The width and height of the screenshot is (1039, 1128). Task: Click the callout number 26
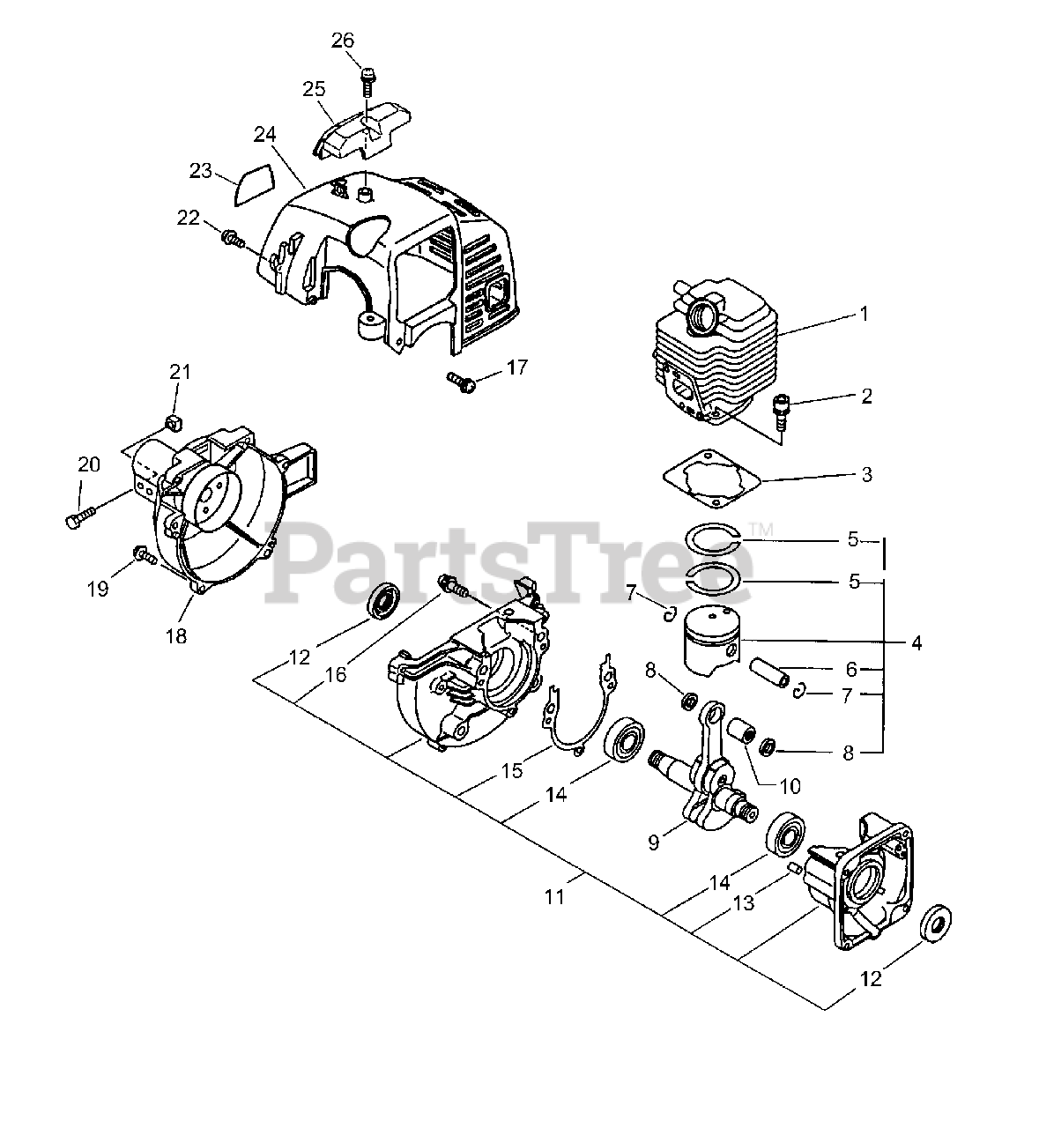pos(343,40)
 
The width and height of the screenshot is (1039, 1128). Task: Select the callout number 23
pos(202,170)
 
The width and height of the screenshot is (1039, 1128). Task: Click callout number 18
pos(177,634)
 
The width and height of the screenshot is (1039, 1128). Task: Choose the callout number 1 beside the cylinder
pos(864,314)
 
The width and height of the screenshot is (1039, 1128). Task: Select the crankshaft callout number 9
pos(654,842)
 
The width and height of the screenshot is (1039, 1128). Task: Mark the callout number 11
pos(553,896)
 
